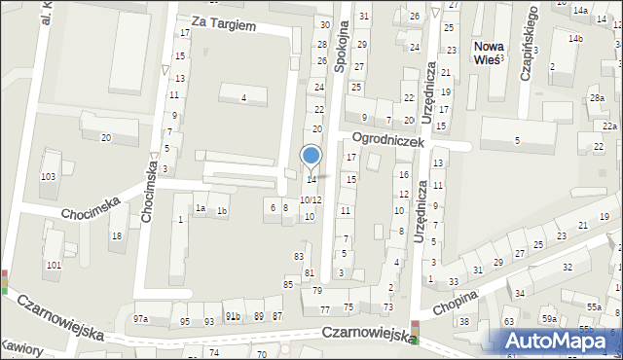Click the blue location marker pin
311,157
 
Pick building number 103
48,176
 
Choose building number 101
54,265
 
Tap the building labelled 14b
576,38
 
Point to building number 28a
597,98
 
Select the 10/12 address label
310,199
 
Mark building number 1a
200,208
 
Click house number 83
299,256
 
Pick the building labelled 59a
550,319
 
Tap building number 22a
609,126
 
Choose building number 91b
234,316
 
